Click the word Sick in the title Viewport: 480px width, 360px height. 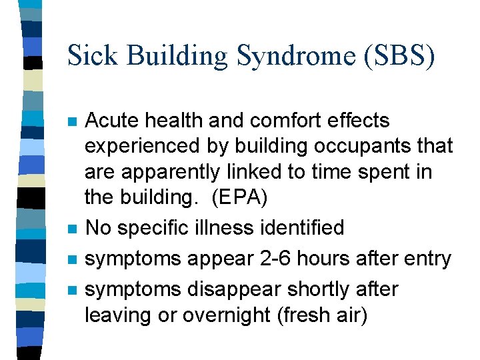(91, 56)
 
